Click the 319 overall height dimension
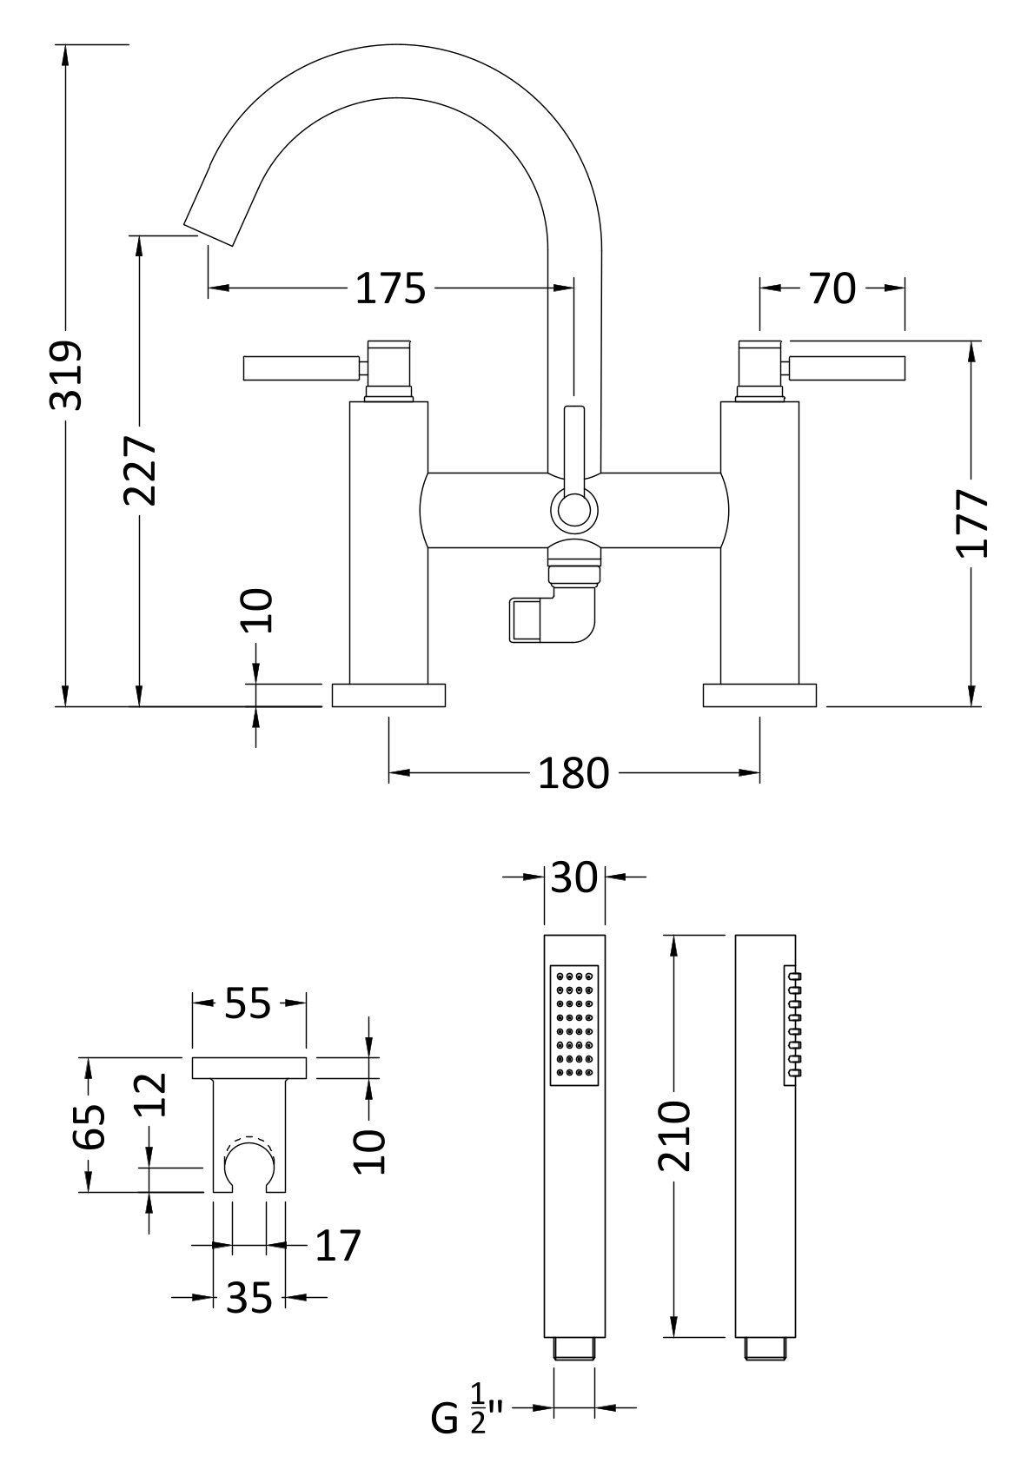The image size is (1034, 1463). point(66,374)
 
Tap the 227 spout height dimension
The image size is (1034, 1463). point(139,469)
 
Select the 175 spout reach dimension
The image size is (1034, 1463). point(391,288)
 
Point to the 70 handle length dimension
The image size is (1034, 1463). point(832,288)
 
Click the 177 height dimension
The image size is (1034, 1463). point(971,523)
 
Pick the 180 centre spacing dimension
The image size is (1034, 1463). point(573,772)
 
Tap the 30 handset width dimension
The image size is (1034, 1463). point(574,877)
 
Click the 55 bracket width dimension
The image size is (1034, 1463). point(249,1004)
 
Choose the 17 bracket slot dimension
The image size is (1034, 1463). point(337,1246)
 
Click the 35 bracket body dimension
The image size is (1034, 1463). point(249,1299)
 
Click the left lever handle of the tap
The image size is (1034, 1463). point(300,368)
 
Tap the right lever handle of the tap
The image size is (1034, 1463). point(847,368)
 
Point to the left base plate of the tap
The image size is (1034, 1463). point(388,695)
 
